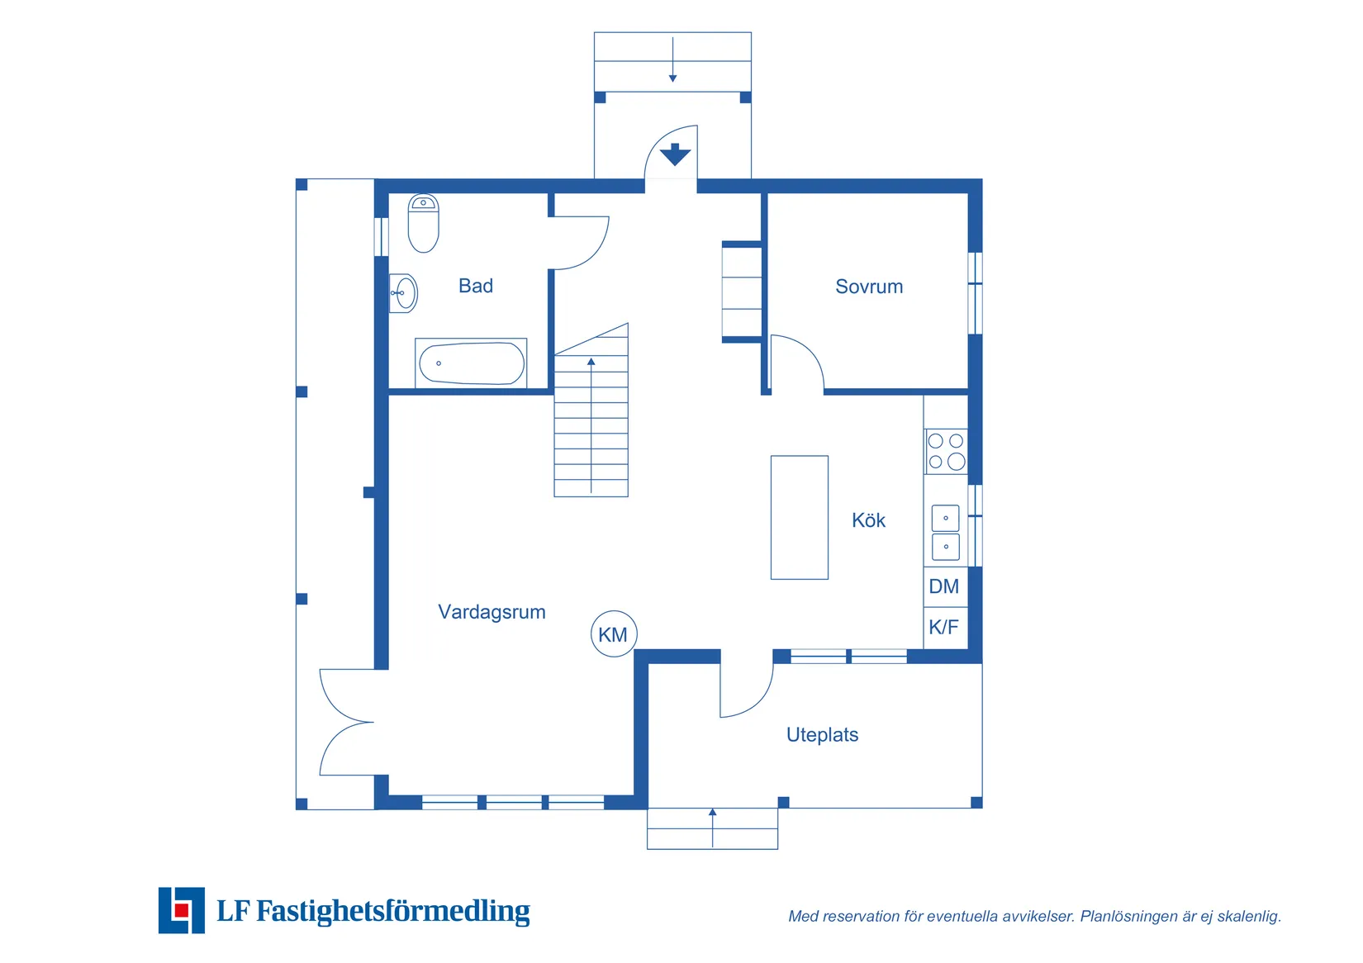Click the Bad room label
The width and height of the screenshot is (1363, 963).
click(476, 286)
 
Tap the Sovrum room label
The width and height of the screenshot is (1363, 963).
click(869, 287)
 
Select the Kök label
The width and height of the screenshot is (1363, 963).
click(868, 520)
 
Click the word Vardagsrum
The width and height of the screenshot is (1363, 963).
click(492, 612)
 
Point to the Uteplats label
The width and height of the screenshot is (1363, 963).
click(822, 735)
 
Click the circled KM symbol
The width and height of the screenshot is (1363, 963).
click(614, 634)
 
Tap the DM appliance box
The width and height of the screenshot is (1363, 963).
click(944, 586)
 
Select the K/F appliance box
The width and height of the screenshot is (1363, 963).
click(944, 627)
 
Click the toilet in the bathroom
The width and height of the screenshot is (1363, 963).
click(423, 223)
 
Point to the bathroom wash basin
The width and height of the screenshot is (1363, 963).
click(403, 293)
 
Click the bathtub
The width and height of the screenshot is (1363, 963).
click(471, 363)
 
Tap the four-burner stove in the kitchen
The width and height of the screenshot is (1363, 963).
click(946, 451)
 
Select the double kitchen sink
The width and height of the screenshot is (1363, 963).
click(946, 532)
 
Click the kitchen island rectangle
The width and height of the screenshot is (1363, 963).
click(799, 517)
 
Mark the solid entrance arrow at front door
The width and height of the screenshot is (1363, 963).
click(675, 154)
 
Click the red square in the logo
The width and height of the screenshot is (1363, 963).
click(182, 910)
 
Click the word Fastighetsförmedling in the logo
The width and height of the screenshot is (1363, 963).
click(392, 911)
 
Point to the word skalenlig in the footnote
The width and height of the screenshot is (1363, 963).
click(1248, 916)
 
